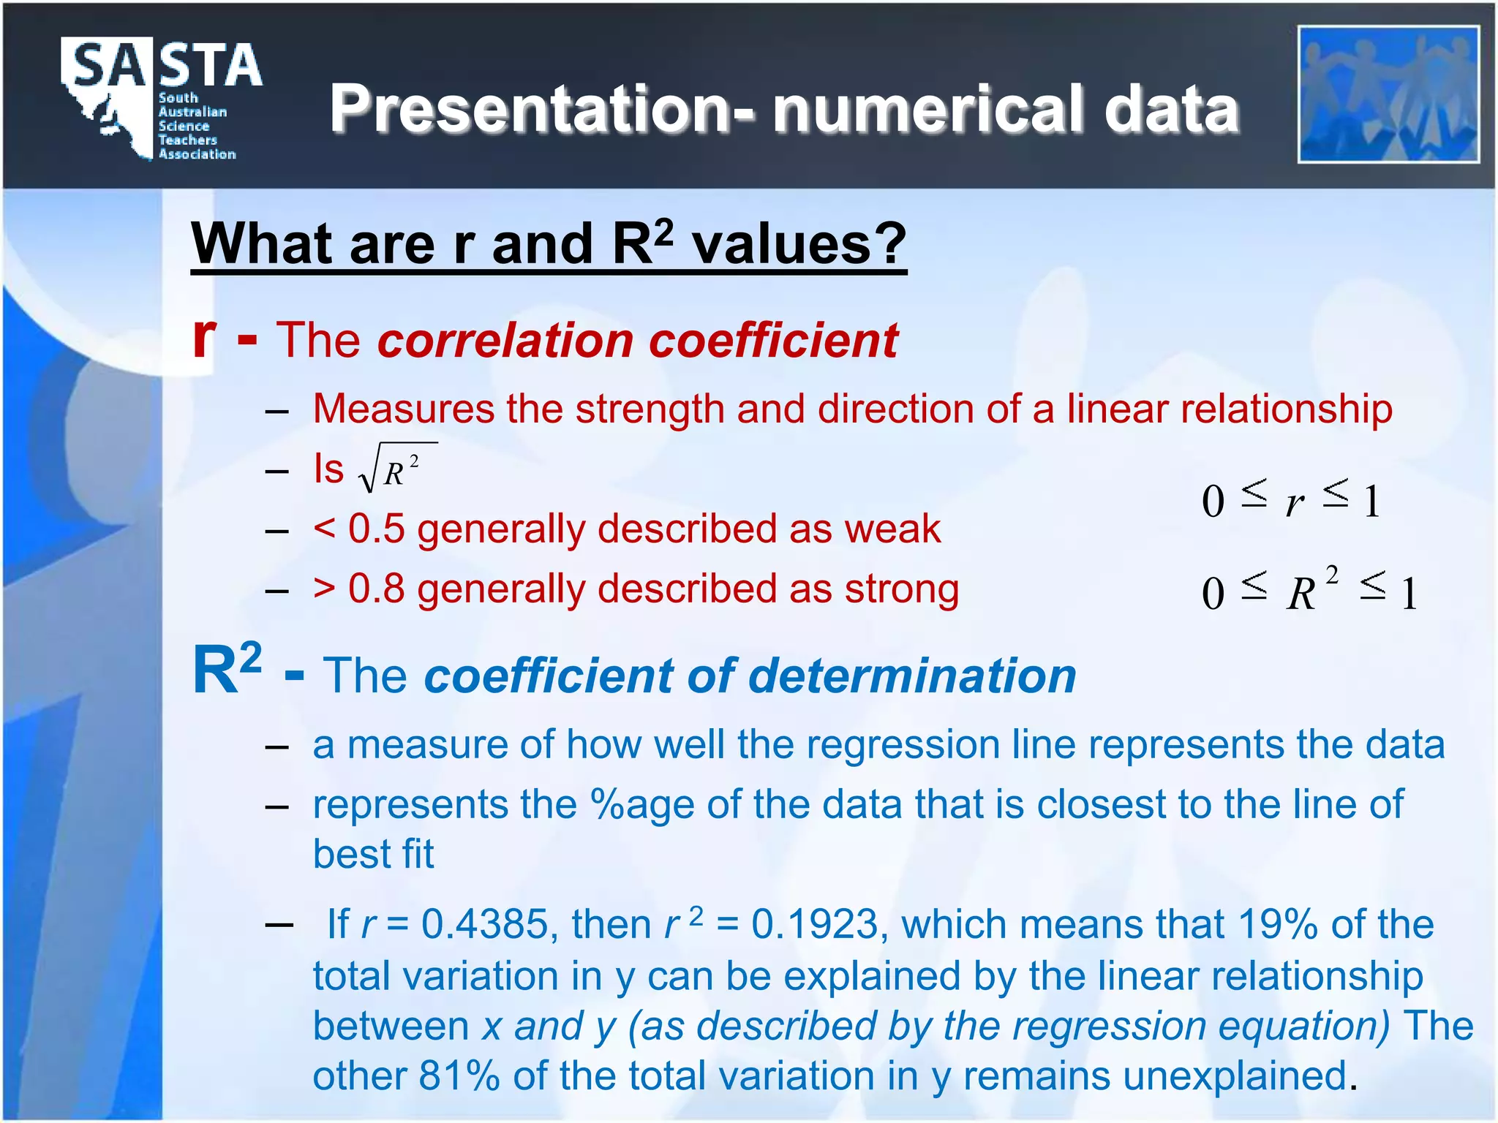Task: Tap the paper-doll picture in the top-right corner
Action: (1388, 94)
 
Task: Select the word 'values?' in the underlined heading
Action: (799, 244)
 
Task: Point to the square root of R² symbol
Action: (397, 469)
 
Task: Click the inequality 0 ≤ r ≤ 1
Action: (1291, 502)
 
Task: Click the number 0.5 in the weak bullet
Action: (376, 529)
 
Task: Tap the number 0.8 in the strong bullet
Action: (376, 589)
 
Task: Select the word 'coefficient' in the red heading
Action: (774, 341)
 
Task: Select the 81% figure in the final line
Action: (459, 1076)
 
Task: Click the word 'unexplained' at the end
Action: (1235, 1076)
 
